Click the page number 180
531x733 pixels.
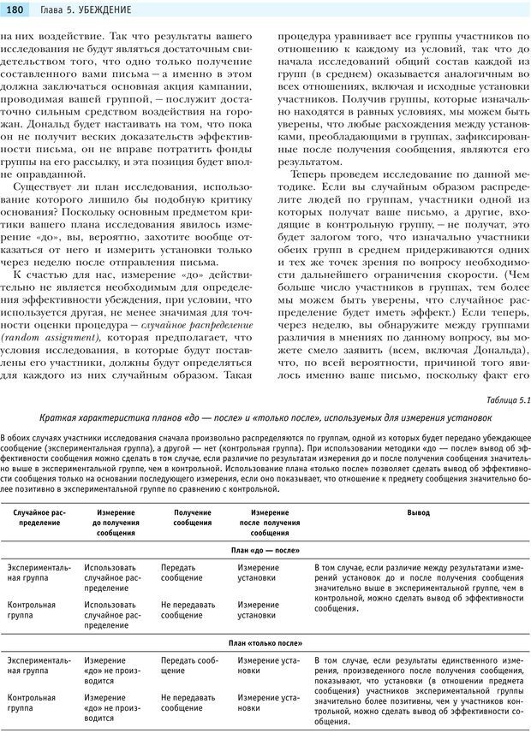pyautogui.click(x=15, y=9)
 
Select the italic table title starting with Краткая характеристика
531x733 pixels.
pyautogui.click(x=265, y=417)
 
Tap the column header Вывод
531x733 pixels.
pyautogui.click(x=418, y=512)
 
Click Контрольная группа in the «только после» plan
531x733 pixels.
pyautogui.click(x=32, y=702)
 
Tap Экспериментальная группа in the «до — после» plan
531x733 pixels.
pyautogui.click(x=39, y=572)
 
